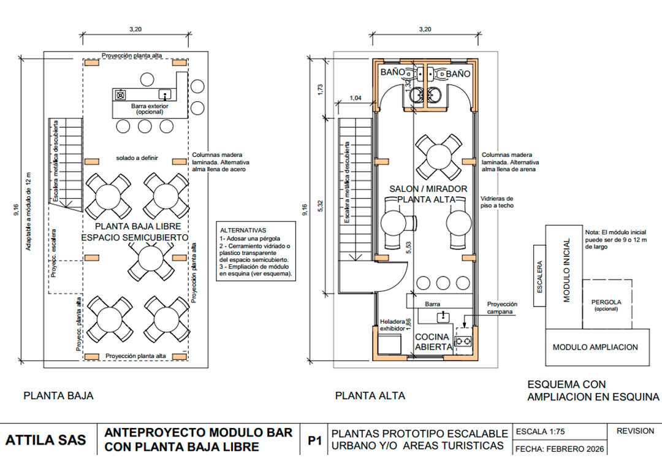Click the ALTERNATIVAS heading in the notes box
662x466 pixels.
pyautogui.click(x=243, y=231)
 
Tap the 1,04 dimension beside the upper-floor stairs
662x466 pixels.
pyautogui.click(x=356, y=98)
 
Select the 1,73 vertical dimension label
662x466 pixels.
pyautogui.click(x=320, y=89)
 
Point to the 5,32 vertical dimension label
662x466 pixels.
pyautogui.click(x=321, y=206)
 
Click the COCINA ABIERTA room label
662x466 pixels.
pyautogui.click(x=433, y=342)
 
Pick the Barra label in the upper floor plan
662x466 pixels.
pyautogui.click(x=432, y=304)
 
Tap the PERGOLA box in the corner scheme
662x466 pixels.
pyautogui.click(x=607, y=304)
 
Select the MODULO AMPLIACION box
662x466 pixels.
pyautogui.click(x=598, y=347)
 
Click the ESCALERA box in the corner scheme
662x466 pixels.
pyautogui.click(x=539, y=275)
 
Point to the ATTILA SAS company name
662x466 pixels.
pyautogui.click(x=45, y=440)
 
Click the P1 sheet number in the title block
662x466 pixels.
pyautogui.click(x=314, y=441)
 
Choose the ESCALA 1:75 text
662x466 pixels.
pyautogui.click(x=541, y=431)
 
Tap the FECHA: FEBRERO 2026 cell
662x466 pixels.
pyautogui.click(x=560, y=449)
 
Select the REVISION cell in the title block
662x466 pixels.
pyautogui.click(x=635, y=431)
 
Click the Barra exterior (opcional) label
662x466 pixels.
pyautogui.click(x=150, y=109)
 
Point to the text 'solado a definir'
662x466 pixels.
pyautogui.click(x=137, y=158)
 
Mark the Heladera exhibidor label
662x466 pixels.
pyautogui.click(x=392, y=325)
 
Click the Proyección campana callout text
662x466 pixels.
pyautogui.click(x=502, y=308)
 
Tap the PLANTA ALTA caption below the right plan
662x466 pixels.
pyautogui.click(x=370, y=396)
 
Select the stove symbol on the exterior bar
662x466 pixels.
pyautogui.click(x=121, y=94)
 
